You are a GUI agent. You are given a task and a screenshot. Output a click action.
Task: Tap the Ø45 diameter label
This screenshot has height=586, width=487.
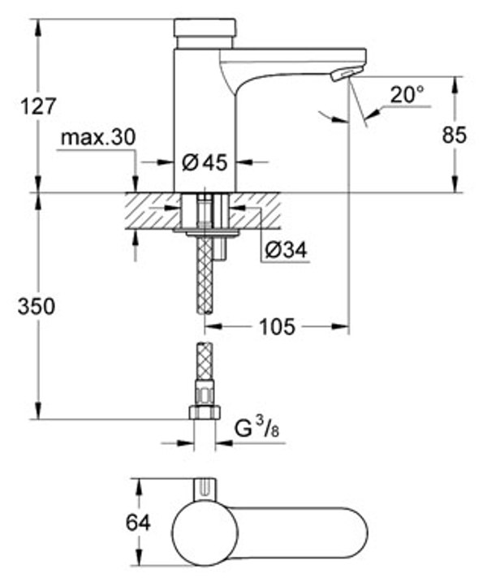tap(204, 162)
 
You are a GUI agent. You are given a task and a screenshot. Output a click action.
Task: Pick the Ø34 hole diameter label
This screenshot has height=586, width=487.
tap(285, 252)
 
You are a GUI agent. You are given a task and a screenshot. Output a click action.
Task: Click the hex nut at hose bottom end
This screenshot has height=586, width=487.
tap(205, 411)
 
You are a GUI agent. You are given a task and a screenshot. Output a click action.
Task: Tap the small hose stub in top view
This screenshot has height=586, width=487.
tap(205, 489)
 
